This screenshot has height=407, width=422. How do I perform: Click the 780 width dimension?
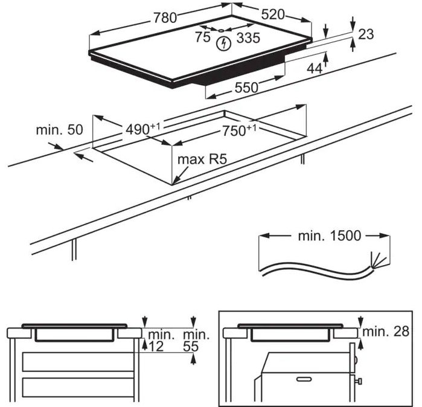[165, 18]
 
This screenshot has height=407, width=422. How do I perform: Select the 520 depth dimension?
[273, 14]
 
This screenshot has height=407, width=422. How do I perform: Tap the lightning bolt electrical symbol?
[224, 43]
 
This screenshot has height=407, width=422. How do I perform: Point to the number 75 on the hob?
[203, 37]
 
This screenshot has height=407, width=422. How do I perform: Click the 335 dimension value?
[248, 37]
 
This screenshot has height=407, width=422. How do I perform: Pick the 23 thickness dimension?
[366, 34]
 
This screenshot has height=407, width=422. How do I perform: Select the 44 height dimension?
[315, 68]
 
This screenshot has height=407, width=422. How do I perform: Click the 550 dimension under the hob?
[246, 88]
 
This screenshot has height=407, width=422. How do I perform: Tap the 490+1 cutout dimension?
[143, 129]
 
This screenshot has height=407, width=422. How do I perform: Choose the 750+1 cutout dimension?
[239, 130]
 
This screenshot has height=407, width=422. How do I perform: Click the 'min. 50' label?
[60, 130]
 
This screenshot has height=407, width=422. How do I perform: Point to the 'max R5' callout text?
[202, 159]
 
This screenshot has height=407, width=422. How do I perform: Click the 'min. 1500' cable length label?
[330, 236]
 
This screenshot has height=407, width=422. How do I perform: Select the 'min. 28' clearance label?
[386, 332]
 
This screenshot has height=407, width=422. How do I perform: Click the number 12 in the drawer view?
[156, 347]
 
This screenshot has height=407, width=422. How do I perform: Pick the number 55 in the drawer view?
[191, 347]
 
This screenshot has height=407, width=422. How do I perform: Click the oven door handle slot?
[304, 379]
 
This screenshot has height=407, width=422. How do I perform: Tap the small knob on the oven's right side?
[359, 381]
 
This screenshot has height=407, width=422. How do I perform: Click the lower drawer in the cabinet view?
[78, 388]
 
